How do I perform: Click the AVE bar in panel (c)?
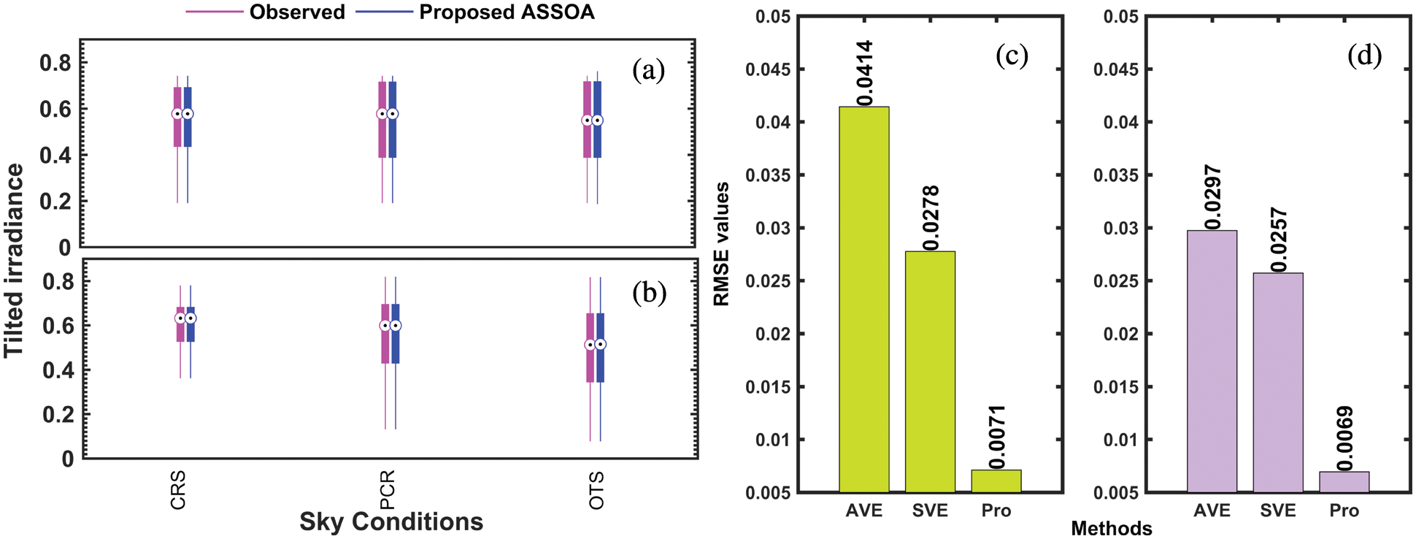864,299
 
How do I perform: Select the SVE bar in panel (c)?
930,372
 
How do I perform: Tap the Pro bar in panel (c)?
996,481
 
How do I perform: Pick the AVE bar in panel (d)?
1212,362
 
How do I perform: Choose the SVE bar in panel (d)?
1278,383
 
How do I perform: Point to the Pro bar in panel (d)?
1344,482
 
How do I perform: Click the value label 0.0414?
865,73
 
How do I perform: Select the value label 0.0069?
1344,438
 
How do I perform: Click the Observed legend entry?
296,12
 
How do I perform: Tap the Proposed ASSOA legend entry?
507,12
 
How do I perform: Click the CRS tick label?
178,490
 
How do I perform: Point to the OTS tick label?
597,490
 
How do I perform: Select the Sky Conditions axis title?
391,521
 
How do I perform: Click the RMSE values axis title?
722,244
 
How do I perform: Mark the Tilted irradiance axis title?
15,260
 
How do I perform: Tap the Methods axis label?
1111,528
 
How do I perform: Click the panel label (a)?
648,70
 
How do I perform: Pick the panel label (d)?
1363,56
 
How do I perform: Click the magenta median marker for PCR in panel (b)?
385,326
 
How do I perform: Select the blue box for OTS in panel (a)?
598,120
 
